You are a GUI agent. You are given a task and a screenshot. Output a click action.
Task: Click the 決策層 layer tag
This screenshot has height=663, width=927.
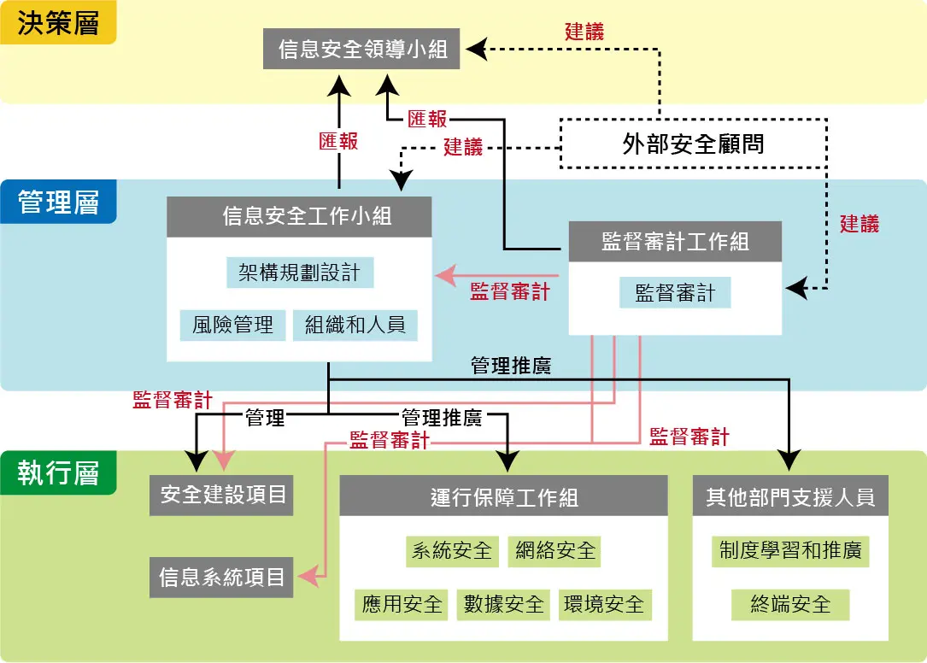[58, 23]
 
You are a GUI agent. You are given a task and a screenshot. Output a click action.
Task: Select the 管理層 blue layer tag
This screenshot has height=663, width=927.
[58, 202]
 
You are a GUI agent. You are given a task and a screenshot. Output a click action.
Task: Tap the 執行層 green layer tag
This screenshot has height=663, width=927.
[58, 473]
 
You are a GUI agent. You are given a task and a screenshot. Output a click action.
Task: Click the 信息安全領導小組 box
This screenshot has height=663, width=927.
[363, 49]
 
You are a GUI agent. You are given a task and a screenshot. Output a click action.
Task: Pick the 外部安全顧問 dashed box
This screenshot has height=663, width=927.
[693, 143]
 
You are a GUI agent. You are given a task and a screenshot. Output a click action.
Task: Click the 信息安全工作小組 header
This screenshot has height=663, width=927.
[299, 217]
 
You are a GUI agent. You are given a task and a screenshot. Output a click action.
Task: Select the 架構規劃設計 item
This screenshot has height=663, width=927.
[300, 273]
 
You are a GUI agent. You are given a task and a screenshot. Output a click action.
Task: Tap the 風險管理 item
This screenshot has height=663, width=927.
[232, 325]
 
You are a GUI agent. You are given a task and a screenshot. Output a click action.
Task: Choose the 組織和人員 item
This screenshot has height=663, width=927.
[355, 325]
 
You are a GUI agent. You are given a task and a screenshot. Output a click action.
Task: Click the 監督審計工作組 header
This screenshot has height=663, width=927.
[675, 241]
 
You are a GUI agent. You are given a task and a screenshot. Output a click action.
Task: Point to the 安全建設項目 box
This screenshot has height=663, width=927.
[221, 495]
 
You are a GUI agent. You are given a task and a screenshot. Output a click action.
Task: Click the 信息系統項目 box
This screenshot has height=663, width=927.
[221, 577]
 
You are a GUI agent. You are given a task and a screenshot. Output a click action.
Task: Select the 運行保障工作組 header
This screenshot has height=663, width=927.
[503, 496]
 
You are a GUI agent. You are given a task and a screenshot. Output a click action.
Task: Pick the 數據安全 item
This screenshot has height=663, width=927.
[503, 605]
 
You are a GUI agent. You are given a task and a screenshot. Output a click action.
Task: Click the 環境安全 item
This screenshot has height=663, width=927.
[604, 605]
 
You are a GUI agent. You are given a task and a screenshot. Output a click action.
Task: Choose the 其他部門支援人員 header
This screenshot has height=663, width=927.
[790, 496]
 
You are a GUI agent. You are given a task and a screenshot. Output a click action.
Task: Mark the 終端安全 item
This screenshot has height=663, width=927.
[790, 605]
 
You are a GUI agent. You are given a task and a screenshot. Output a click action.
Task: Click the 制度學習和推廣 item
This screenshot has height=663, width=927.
[790, 550]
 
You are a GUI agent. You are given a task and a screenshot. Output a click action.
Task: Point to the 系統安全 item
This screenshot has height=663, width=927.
[452, 550]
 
